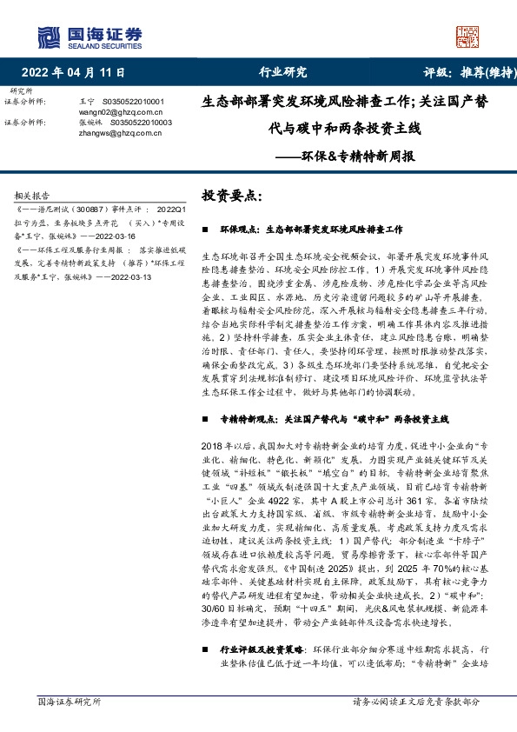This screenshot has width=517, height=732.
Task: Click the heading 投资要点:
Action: [x=231, y=196]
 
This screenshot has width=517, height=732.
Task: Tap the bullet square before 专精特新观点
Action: [x=203, y=419]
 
